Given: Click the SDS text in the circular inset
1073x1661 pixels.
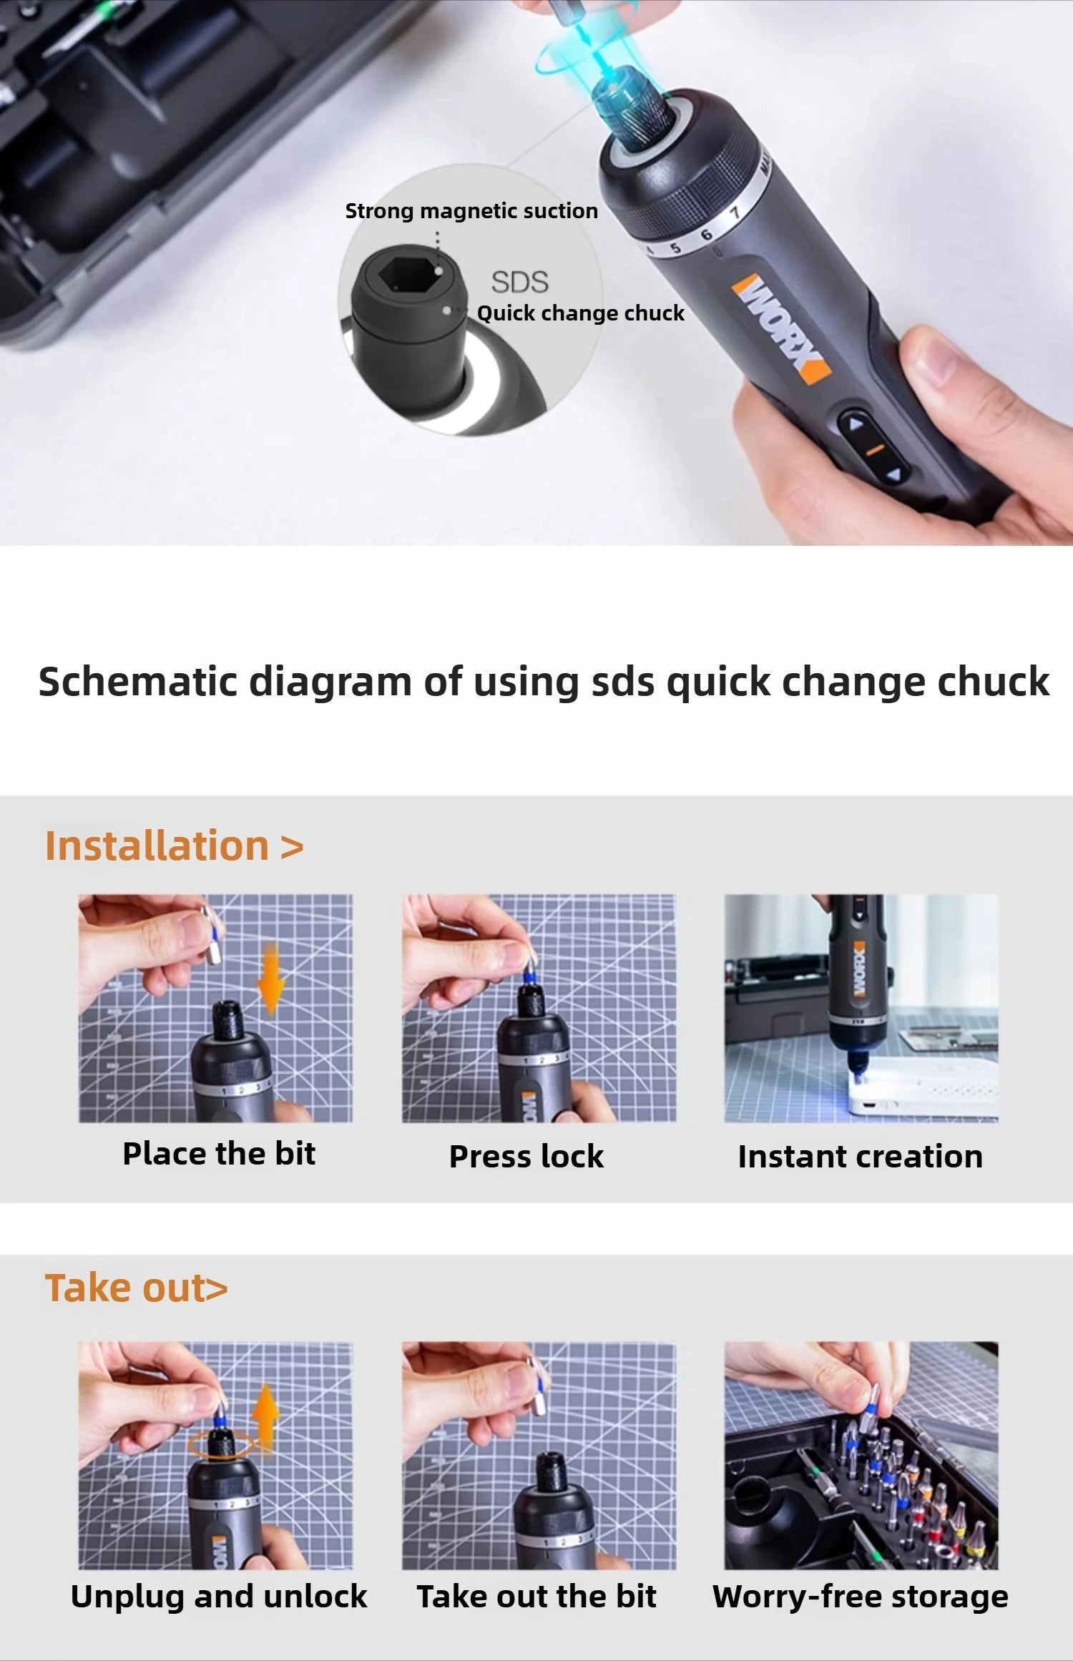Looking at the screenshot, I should click(x=519, y=282).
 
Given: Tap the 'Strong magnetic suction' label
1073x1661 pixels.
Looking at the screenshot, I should click(x=471, y=211).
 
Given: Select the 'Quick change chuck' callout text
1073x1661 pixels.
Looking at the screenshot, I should click(x=580, y=313).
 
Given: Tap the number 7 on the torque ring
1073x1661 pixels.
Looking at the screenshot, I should click(x=734, y=214).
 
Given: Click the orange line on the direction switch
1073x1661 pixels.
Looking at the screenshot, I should click(x=875, y=449).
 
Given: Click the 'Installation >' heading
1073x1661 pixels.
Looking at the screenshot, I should click(x=174, y=846).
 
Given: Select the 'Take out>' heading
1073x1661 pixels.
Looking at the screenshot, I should click(x=136, y=1288).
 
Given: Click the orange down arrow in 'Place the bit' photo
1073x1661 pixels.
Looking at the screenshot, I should click(x=271, y=978).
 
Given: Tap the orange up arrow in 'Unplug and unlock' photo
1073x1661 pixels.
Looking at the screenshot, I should click(x=265, y=1417).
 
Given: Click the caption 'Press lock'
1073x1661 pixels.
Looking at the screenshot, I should click(x=526, y=1157).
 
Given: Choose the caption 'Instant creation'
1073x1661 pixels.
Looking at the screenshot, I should click(x=860, y=1157).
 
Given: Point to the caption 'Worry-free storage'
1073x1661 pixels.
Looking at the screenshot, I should click(x=860, y=1596).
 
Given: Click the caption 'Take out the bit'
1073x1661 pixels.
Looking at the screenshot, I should click(x=536, y=1596).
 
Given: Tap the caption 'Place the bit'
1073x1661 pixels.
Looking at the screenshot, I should click(x=219, y=1154).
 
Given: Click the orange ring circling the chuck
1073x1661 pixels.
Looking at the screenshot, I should click(x=220, y=1444).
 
